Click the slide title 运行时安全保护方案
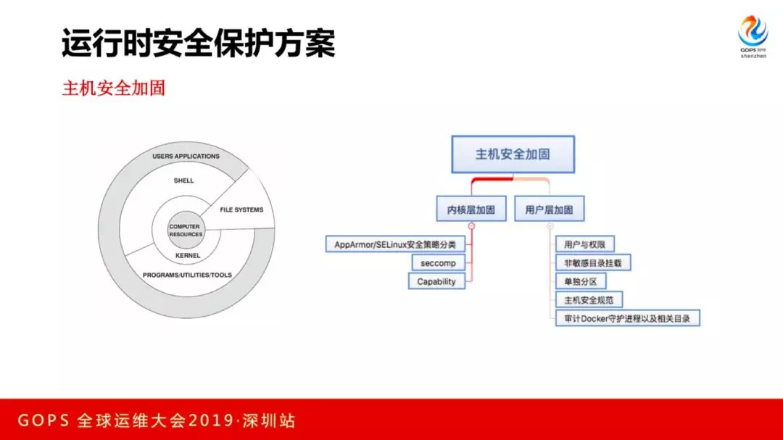click(198, 43)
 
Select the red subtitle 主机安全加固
click(114, 88)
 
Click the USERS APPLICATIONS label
click(186, 157)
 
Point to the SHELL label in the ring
click(184, 180)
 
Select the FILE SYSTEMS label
click(241, 210)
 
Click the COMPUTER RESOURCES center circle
click(186, 231)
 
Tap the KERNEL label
click(188, 256)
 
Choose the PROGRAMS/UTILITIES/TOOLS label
click(187, 275)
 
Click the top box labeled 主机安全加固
click(513, 154)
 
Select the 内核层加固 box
click(471, 209)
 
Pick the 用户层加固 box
click(549, 209)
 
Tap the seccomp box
click(438, 263)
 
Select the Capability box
click(436, 281)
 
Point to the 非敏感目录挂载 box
click(593, 262)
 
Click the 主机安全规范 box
click(589, 299)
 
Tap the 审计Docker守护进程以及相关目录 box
click(627, 318)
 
